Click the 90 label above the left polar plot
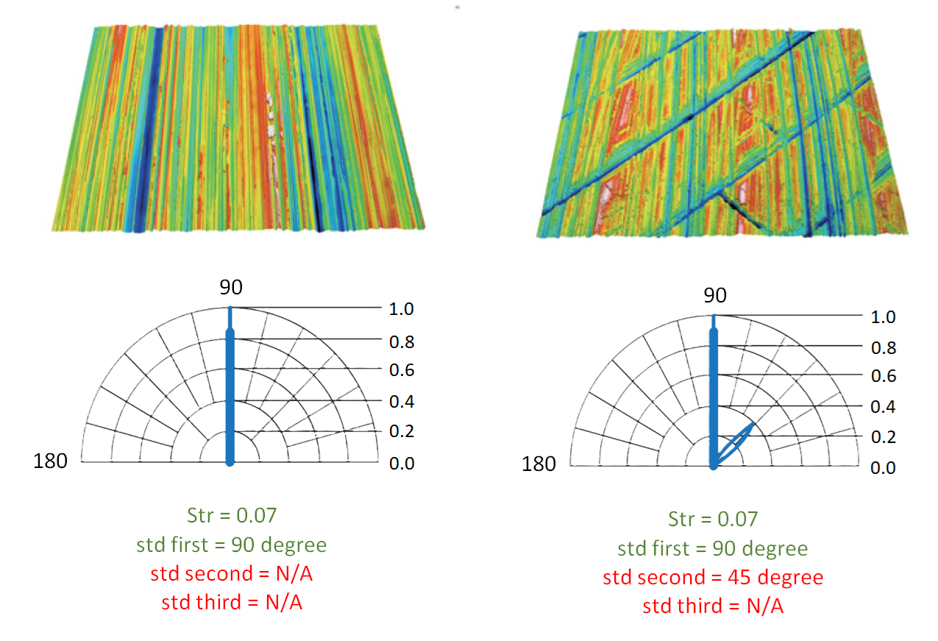231,288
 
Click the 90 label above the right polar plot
715,295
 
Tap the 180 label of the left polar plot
50,461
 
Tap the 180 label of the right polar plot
539,464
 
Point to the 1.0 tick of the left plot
401,309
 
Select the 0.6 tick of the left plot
402,370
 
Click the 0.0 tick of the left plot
402,464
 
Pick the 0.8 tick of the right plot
884,348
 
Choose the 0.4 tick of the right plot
883,407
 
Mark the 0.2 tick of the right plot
884,437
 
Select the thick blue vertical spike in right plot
714,392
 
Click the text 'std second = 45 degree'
713,577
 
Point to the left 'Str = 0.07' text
232,516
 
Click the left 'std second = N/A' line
232,574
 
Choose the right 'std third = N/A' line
713,606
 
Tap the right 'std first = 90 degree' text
713,549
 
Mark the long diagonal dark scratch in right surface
678,124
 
